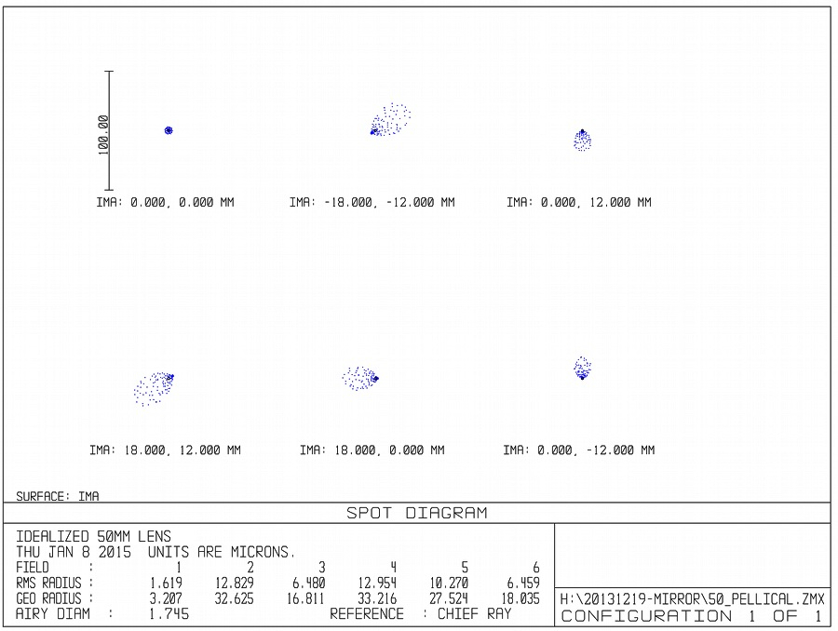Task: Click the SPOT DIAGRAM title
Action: click(x=416, y=513)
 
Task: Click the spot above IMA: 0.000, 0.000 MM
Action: click(x=169, y=130)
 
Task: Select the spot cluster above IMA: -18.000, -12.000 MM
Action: click(x=390, y=120)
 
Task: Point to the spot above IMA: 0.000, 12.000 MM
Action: click(x=582, y=140)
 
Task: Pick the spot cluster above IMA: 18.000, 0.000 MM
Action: click(x=359, y=377)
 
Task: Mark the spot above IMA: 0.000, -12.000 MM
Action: click(x=582, y=369)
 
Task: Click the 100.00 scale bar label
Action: click(x=102, y=134)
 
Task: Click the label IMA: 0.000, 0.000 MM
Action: click(x=166, y=202)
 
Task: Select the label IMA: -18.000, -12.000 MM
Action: click(x=372, y=202)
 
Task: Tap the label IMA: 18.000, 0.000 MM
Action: click(x=372, y=450)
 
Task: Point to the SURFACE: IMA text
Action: click(x=58, y=497)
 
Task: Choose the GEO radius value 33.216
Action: click(x=377, y=598)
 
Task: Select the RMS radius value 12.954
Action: click(x=377, y=583)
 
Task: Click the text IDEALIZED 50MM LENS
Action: click(x=93, y=536)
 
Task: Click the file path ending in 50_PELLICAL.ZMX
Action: click(x=692, y=599)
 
